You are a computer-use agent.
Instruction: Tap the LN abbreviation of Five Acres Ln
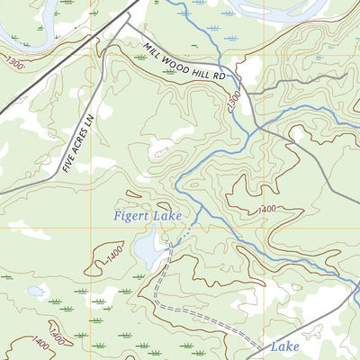88,116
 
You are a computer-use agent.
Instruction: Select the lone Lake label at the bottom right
285,346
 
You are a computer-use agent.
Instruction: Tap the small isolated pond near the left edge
36,291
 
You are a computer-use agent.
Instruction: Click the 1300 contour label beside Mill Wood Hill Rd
234,96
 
